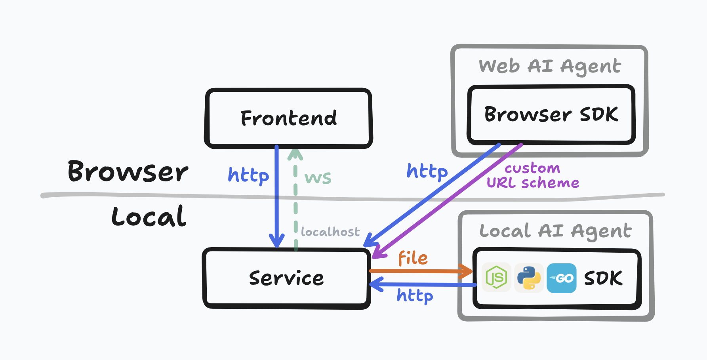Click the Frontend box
pos(288,118)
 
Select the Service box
pos(287,278)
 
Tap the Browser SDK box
pos(551,114)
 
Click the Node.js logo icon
pos(496,278)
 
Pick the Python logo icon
pos(529,278)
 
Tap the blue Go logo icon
pos(562,278)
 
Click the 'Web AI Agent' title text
pos(550,67)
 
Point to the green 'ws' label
pos(318,178)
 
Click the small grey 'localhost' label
pos(330,231)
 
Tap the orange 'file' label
pos(413,258)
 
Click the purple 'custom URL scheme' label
pos(533,175)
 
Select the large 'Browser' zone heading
pos(128,171)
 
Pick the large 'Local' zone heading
pos(149,216)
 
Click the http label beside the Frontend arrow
pos(248,175)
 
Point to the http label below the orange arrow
pos(415,295)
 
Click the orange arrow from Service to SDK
pos(421,271)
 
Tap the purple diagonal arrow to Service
pos(447,201)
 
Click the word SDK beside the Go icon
pos(603,278)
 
